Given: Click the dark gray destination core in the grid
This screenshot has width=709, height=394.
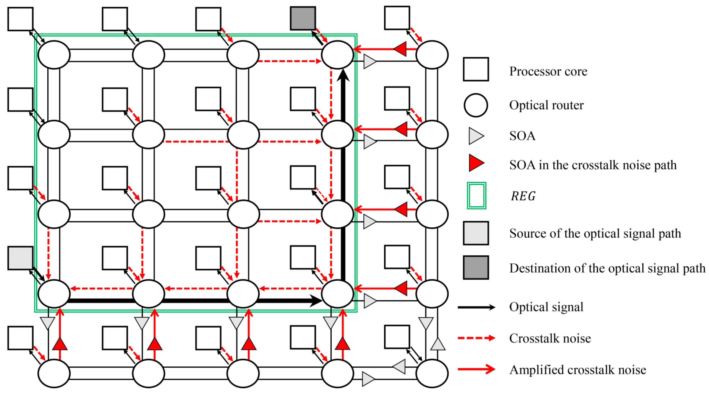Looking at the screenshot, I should tap(303, 19).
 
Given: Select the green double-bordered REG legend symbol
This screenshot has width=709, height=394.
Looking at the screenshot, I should tap(476, 196).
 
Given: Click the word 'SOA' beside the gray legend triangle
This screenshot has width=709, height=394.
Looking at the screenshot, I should tap(522, 136).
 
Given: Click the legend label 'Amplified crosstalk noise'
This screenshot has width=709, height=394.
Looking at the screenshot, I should tap(577, 370).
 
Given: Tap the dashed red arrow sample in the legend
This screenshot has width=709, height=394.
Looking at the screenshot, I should tap(476, 338).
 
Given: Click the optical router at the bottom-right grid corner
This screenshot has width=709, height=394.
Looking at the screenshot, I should tap(432, 373).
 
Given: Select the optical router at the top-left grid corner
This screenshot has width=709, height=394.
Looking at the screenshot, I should tap(54, 54).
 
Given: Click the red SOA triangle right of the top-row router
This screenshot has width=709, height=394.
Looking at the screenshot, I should tap(400, 49).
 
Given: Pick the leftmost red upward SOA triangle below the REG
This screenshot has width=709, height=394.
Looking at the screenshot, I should tap(60, 344).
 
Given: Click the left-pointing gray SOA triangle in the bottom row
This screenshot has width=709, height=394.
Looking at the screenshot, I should tap(399, 366).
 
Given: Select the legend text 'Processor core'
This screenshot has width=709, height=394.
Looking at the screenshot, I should tap(548, 71).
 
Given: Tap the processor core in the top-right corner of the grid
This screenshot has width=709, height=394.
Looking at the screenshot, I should tap(397, 18).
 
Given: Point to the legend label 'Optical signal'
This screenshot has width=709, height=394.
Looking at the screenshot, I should tap(546, 307).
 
